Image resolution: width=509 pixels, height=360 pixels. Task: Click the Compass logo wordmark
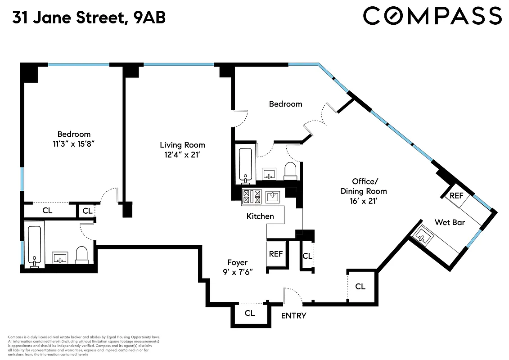click(x=432, y=16)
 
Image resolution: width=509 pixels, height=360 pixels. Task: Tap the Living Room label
click(x=182, y=145)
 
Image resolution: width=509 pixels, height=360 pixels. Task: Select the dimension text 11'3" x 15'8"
click(x=74, y=144)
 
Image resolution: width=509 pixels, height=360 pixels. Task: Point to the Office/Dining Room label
click(x=363, y=181)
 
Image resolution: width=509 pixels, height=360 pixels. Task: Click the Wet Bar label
click(x=450, y=222)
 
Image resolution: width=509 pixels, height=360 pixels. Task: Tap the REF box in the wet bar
click(x=456, y=196)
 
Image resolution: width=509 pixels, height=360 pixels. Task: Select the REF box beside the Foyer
click(x=276, y=254)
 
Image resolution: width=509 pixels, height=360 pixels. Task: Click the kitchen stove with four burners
click(x=252, y=196)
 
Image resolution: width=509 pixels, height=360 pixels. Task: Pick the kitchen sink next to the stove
click(x=273, y=196)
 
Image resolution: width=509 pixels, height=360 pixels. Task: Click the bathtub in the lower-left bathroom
click(x=35, y=245)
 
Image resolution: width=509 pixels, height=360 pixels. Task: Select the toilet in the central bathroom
click(x=291, y=171)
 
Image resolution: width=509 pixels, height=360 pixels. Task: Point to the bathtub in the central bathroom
click(x=245, y=165)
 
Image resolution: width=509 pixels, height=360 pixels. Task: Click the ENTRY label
click(x=293, y=315)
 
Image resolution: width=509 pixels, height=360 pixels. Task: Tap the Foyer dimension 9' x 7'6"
click(x=237, y=272)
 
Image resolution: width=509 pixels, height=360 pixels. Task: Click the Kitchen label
click(x=260, y=216)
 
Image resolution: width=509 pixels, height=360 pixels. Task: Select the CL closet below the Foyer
click(x=250, y=313)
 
